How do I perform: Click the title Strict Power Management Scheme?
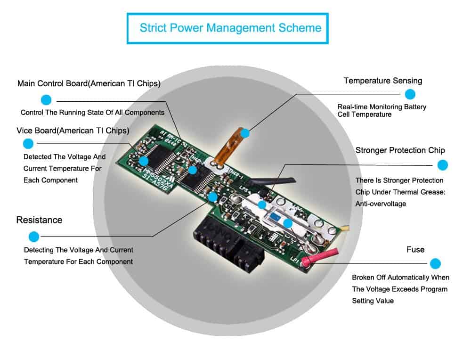pos(230,27)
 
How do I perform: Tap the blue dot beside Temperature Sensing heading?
pos(410,94)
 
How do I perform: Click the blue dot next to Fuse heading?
pos(435,264)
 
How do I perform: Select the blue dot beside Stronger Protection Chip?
pos(442,165)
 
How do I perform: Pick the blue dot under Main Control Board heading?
pos(46,99)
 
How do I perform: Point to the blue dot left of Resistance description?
pos(33,237)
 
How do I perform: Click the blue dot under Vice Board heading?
pos(28,144)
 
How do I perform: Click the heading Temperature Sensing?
pos(382,81)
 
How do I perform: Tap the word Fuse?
pos(415,249)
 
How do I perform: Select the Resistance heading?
pos(39,220)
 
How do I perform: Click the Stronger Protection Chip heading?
pos(400,150)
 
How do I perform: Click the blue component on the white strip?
pos(274,217)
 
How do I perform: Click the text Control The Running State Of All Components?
pos(92,113)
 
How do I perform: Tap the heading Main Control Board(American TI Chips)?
pos(89,84)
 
